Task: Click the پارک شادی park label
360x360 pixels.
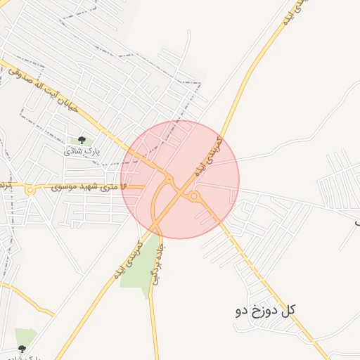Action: tap(83, 151)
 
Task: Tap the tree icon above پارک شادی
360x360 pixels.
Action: tap(82, 141)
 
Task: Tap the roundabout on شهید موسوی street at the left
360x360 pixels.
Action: tap(30, 190)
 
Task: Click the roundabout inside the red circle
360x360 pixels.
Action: tap(193, 196)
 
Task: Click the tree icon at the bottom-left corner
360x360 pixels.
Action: tap(22, 348)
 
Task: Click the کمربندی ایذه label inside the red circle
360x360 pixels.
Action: tap(208, 156)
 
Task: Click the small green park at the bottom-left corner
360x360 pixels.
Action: tap(27, 335)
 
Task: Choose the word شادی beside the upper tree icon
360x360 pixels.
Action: tap(75, 151)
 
